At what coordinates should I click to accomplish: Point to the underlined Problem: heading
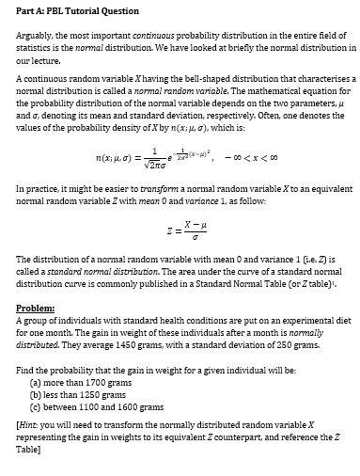(x=36, y=307)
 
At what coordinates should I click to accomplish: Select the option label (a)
(x=37, y=384)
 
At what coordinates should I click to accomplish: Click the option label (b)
(x=37, y=395)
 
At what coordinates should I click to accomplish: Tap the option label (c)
(x=37, y=406)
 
